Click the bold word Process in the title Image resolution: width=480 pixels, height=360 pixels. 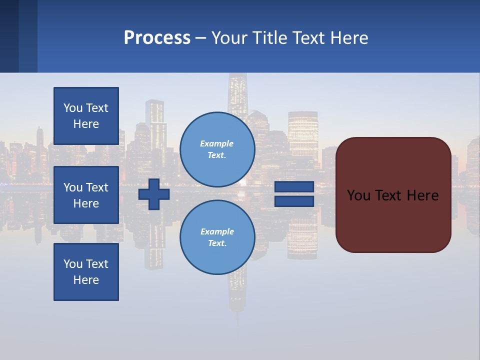pyautogui.click(x=157, y=38)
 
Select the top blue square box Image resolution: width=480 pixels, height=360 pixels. pyautogui.click(x=86, y=116)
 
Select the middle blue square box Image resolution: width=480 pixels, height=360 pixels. pyautogui.click(x=86, y=195)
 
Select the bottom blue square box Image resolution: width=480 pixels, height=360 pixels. pyautogui.click(x=86, y=272)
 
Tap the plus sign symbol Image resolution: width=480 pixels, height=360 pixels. pyautogui.click(x=154, y=194)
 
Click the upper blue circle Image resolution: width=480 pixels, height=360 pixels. pyautogui.click(x=217, y=149)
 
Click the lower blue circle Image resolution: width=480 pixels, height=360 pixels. pyautogui.click(x=217, y=237)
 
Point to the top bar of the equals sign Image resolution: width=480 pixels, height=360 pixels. pyautogui.click(x=294, y=187)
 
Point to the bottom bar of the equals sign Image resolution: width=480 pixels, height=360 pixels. pyautogui.click(x=294, y=201)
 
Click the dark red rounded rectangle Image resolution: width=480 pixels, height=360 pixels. pyautogui.click(x=393, y=225)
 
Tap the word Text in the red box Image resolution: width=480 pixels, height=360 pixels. pyautogui.click(x=389, y=195)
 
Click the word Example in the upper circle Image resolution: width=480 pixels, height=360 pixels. pyautogui.click(x=216, y=143)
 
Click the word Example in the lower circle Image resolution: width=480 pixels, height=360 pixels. pyautogui.click(x=216, y=231)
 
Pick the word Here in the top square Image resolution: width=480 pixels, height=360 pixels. pyautogui.click(x=86, y=124)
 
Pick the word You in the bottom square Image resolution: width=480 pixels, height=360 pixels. pyautogui.click(x=73, y=264)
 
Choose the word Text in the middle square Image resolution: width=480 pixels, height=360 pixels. pyautogui.click(x=97, y=187)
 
